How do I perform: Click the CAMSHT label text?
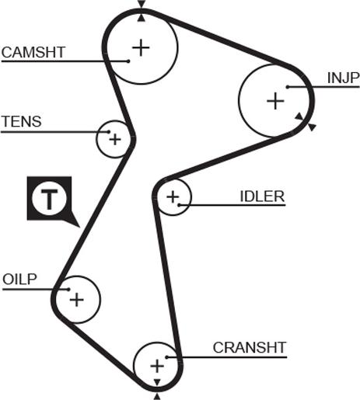click(33, 52)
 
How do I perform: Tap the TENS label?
click(22, 121)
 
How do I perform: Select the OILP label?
click(19, 280)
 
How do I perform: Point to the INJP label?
click(343, 78)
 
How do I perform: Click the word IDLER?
click(262, 197)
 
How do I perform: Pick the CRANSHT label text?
click(250, 347)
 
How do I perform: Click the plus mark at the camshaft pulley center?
click(141, 47)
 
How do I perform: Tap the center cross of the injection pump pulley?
click(275, 101)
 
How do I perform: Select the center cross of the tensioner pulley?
click(115, 140)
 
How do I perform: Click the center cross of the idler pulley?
click(173, 197)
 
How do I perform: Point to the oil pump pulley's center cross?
click(77, 300)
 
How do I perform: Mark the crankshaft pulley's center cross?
click(157, 367)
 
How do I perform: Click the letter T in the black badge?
click(49, 200)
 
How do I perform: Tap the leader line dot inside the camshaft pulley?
click(128, 61)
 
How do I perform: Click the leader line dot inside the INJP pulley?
click(288, 87)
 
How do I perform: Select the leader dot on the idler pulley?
click(179, 205)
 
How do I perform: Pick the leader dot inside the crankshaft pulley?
click(167, 357)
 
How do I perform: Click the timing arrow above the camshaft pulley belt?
click(142, 4)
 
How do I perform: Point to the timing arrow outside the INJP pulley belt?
click(313, 127)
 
